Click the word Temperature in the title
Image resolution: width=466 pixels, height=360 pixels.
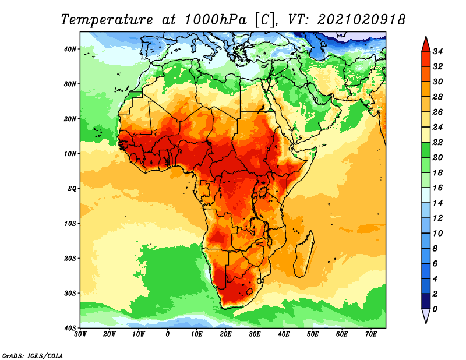point(107,20)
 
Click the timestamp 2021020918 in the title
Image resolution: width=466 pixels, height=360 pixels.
point(361,20)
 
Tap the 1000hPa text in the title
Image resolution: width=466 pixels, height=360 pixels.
point(216,20)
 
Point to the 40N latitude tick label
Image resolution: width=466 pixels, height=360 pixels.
point(70,49)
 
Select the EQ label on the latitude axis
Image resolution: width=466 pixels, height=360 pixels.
point(72,189)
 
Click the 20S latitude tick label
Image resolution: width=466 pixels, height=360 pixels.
point(70,258)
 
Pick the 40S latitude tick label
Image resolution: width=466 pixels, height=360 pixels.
point(70,328)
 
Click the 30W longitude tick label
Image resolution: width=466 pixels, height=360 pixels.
point(80,334)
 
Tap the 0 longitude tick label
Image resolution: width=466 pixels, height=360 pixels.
point(168,334)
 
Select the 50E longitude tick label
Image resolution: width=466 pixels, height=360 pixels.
point(313,334)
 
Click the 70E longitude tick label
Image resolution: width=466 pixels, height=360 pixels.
point(371,334)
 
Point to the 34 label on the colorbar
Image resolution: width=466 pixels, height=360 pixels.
point(437,51)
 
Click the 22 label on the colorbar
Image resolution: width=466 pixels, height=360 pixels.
point(437,142)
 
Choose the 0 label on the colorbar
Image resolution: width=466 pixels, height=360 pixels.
point(435,309)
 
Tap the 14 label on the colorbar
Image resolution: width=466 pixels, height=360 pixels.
point(437,203)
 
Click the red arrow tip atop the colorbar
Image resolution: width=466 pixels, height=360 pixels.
point(426,37)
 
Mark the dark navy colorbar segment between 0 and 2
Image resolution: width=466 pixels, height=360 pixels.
point(426,301)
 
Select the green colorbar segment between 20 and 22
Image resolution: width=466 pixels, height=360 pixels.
point(426,150)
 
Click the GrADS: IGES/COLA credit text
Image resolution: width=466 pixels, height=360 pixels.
point(33,355)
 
